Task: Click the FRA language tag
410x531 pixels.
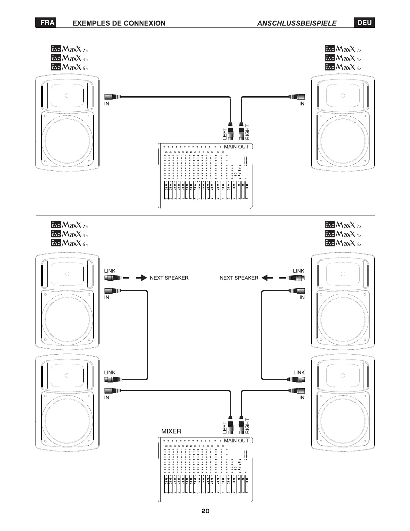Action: [x=46, y=23]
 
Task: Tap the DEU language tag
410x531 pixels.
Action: [x=364, y=23]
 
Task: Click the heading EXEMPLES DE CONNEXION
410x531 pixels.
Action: [x=119, y=23]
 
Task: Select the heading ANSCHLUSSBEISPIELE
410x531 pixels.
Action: [x=297, y=23]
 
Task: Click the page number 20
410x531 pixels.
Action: [x=205, y=511]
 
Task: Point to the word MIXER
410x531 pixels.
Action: [x=171, y=431]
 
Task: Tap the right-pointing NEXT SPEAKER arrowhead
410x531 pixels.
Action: [x=144, y=278]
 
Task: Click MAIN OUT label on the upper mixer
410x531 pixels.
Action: [x=236, y=147]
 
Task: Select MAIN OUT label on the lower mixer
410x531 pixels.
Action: [x=236, y=440]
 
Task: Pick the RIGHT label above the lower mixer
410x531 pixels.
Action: [x=248, y=426]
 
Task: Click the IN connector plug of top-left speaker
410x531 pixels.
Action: [x=113, y=97]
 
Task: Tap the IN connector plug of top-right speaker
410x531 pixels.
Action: [x=297, y=97]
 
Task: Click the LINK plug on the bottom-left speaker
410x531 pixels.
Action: [x=113, y=379]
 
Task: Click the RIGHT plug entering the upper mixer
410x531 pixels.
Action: [x=241, y=131]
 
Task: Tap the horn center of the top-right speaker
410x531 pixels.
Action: [x=343, y=96]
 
